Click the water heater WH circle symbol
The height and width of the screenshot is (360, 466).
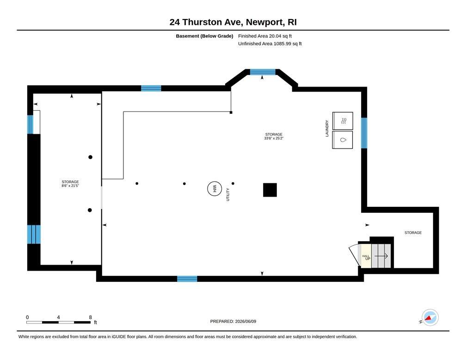(215, 189)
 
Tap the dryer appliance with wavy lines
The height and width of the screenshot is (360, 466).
(343, 121)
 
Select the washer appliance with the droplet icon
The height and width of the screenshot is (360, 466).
(343, 140)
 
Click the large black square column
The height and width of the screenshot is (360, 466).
(270, 190)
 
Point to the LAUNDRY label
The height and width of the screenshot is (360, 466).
(327, 129)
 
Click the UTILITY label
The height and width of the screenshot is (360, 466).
(228, 195)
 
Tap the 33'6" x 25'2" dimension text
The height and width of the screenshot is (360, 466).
(274, 138)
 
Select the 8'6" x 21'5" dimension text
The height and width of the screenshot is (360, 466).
(70, 186)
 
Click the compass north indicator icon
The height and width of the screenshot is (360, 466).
(430, 317)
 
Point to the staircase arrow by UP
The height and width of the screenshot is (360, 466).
(381, 256)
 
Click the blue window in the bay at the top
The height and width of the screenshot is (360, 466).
(263, 72)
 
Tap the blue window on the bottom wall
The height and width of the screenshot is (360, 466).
(187, 279)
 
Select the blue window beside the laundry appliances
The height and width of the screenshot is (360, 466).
(364, 133)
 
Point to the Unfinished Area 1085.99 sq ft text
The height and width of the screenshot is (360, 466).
(270, 44)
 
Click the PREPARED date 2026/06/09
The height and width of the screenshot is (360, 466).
(245, 321)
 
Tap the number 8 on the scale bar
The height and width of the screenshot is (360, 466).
(90, 317)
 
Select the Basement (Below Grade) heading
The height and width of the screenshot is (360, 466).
(204, 36)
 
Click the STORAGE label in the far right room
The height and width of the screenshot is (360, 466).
(413, 233)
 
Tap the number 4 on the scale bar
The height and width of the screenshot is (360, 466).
(58, 317)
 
